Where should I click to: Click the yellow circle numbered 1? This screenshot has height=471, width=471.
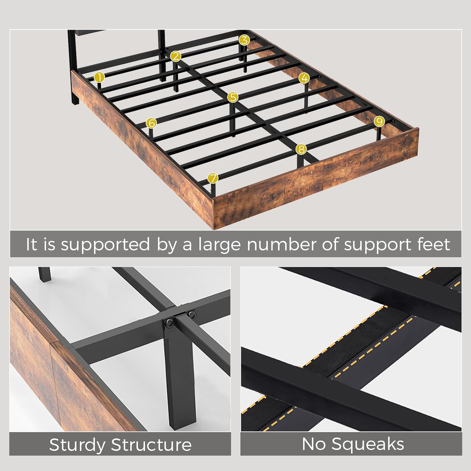99,77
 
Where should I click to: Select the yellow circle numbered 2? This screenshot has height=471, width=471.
176,57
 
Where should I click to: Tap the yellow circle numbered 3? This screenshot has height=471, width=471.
244,40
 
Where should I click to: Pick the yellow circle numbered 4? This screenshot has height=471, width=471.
304,78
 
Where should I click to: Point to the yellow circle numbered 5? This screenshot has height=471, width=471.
233,97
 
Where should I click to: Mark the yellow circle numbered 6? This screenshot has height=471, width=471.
151,123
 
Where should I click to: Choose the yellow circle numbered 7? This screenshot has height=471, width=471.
213,178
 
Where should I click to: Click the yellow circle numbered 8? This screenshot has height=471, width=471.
301,149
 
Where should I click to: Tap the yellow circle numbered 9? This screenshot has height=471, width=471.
379,121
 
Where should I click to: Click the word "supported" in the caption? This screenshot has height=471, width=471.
106,245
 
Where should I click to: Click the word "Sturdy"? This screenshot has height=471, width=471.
77,445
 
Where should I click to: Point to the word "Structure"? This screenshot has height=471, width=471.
151,445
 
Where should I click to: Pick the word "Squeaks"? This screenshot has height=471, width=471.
368,444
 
